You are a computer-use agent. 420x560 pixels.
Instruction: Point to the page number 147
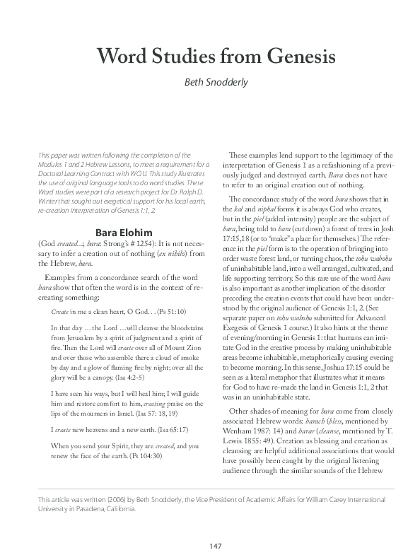pos(210,544)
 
